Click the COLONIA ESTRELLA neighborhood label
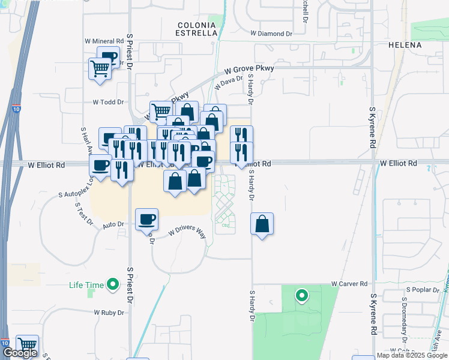tap(197, 29)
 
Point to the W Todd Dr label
tap(107, 103)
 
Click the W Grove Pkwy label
tap(249, 70)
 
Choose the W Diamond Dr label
tap(271, 34)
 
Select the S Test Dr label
tap(83, 214)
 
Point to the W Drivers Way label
tap(187, 232)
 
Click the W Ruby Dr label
tap(109, 313)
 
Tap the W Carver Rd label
tap(349, 283)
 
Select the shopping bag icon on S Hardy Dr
tap(262, 224)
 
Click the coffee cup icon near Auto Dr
tap(146, 220)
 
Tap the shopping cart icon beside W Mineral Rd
tap(100, 68)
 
